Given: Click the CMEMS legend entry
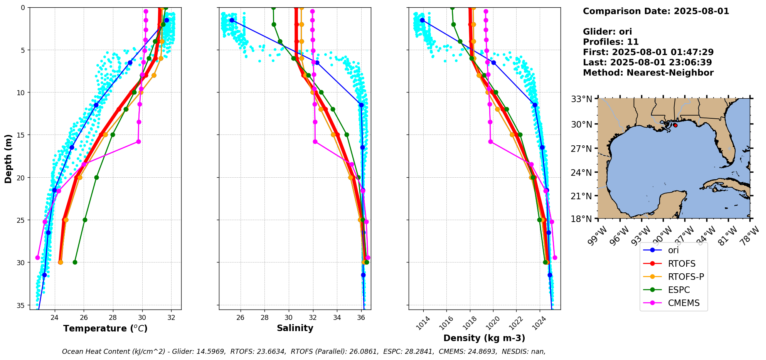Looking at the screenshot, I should [684, 303].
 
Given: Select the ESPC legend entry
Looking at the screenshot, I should [678, 290].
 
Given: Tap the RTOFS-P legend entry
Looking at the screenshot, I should [685, 277].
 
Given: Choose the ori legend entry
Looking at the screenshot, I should [673, 250].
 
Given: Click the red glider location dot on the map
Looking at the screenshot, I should [675, 125].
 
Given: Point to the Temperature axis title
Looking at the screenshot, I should [105, 328].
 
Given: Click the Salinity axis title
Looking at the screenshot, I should [295, 328].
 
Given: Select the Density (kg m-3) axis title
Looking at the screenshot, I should [484, 338].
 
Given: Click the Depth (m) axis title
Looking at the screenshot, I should [8, 158].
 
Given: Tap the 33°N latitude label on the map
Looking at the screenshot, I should [581, 99].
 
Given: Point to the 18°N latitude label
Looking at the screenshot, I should [581, 219].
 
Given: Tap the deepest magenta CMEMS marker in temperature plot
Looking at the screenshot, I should [37, 257].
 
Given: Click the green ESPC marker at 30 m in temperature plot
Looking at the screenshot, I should [75, 262].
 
